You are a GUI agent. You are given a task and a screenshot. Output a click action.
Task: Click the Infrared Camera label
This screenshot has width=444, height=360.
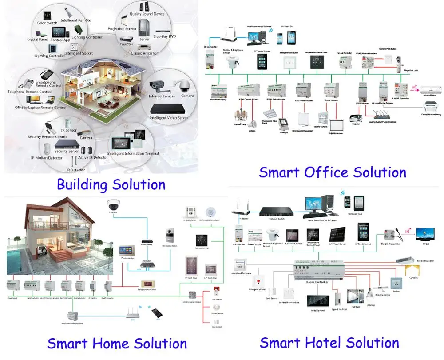[x=161, y=96]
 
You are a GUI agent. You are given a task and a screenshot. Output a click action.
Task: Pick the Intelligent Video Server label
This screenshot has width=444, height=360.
[x=168, y=118]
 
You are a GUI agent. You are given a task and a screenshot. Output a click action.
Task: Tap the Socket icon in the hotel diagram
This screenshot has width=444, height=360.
[x=396, y=283]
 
